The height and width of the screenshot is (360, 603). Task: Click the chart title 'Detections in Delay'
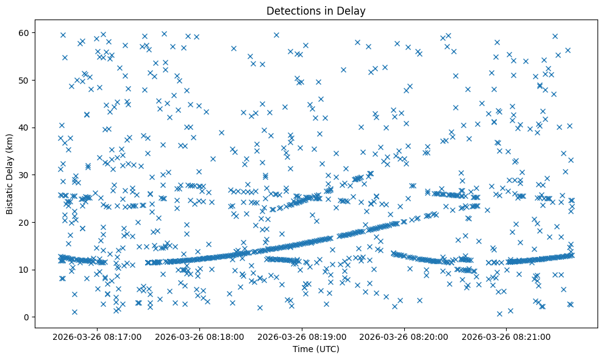click(x=316, y=10)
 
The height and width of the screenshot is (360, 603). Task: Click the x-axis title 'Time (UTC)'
click(x=316, y=349)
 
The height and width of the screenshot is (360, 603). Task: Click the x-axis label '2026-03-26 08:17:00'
click(x=98, y=336)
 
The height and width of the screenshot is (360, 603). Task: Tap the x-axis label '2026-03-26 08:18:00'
click(x=200, y=336)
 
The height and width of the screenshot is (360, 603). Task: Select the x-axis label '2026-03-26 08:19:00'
click(x=302, y=336)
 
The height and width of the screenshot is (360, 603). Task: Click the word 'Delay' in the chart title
click(x=353, y=10)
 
